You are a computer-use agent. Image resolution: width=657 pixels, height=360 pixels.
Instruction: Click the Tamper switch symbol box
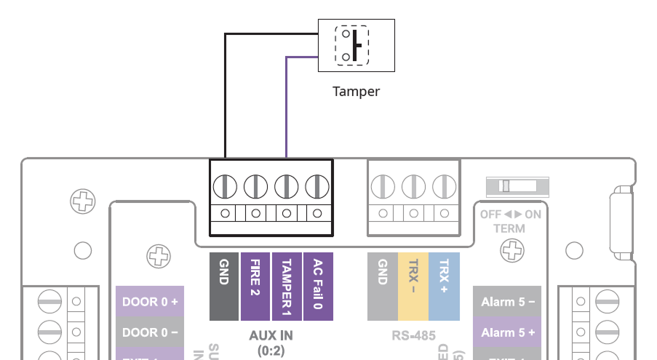[x=357, y=45]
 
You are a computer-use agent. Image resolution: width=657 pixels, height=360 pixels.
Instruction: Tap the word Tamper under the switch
[x=356, y=92]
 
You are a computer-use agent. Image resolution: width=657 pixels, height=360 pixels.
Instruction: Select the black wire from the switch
[x=225, y=95]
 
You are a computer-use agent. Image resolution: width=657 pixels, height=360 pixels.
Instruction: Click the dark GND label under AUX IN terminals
[x=224, y=287]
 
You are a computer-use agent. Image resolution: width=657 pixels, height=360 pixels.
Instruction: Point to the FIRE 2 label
[x=255, y=287]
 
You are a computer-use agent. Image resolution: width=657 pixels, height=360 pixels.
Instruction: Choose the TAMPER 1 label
[x=286, y=287]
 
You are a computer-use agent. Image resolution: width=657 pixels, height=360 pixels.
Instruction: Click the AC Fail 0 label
[x=317, y=287]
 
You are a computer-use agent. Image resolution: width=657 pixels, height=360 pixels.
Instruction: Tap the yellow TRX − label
[x=413, y=287]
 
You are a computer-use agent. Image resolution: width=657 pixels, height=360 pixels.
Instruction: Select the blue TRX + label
[x=444, y=287]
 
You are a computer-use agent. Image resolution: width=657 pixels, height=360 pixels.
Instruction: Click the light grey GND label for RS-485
[x=383, y=287]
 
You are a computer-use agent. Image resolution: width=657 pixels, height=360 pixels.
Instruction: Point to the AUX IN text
[x=271, y=336]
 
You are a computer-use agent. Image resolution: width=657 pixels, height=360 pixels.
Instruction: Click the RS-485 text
[x=413, y=336]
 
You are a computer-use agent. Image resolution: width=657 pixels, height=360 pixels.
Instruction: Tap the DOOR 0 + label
[x=150, y=301]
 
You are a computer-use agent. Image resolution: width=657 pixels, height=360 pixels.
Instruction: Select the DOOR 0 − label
[x=150, y=332]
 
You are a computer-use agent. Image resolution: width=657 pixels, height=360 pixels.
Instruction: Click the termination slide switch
[x=518, y=186]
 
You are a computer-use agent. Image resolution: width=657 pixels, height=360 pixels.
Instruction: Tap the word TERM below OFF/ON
[x=509, y=228]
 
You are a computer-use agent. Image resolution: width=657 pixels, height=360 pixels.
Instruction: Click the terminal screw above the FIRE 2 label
[x=255, y=187]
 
